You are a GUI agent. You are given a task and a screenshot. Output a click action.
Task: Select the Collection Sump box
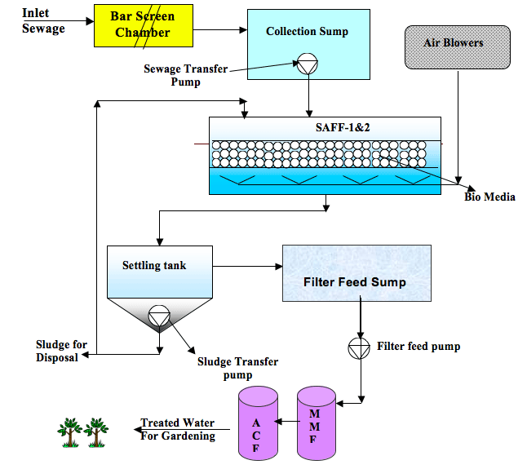pyautogui.click(x=307, y=46)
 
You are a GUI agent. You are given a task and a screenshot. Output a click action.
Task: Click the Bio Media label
pyautogui.click(x=489, y=197)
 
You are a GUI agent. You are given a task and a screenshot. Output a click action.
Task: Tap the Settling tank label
pyautogui.click(x=154, y=265)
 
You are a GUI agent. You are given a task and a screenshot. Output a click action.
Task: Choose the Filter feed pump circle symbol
pyautogui.click(x=358, y=346)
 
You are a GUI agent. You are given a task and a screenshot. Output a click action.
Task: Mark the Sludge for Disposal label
pyautogui.click(x=60, y=351)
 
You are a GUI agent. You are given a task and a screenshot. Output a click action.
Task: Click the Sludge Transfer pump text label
pyautogui.click(x=237, y=368)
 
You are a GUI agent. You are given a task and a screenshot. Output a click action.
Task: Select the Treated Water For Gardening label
pyautogui.click(x=178, y=429)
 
